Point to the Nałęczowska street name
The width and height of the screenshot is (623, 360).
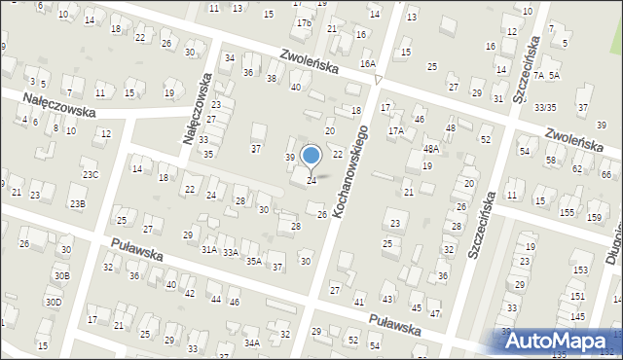[x=60, y=103]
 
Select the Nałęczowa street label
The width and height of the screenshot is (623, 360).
[x=197, y=108]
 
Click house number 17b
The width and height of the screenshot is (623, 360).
[x=304, y=22]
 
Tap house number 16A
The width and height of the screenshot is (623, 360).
[x=367, y=63]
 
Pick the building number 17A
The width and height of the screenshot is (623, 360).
[x=395, y=130]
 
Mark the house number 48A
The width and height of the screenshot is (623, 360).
[x=430, y=149]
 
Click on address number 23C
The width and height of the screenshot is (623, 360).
[x=91, y=175]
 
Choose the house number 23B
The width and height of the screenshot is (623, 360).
[x=77, y=203]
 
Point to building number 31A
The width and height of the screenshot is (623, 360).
[x=208, y=249]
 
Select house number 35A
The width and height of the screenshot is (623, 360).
[x=253, y=261]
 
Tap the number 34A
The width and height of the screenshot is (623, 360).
[x=251, y=342]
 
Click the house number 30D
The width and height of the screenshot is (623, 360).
[x=54, y=303]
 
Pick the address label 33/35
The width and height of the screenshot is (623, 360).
[x=545, y=108]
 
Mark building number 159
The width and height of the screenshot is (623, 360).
[x=594, y=217]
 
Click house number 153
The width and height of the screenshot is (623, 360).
[x=581, y=270]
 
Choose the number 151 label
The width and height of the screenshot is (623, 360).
[x=577, y=296]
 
